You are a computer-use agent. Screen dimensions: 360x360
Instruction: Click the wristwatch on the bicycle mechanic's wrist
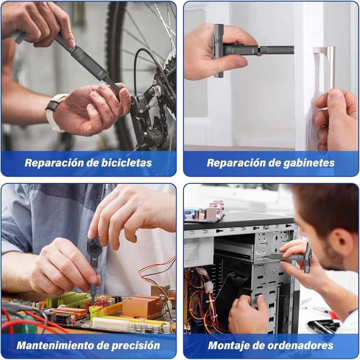55,112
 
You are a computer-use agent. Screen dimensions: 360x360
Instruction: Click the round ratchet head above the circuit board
94,246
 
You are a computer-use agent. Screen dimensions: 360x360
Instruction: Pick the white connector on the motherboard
111,324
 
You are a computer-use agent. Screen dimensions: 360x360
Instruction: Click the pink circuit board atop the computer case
204,213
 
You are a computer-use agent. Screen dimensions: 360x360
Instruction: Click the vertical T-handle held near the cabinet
218,51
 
